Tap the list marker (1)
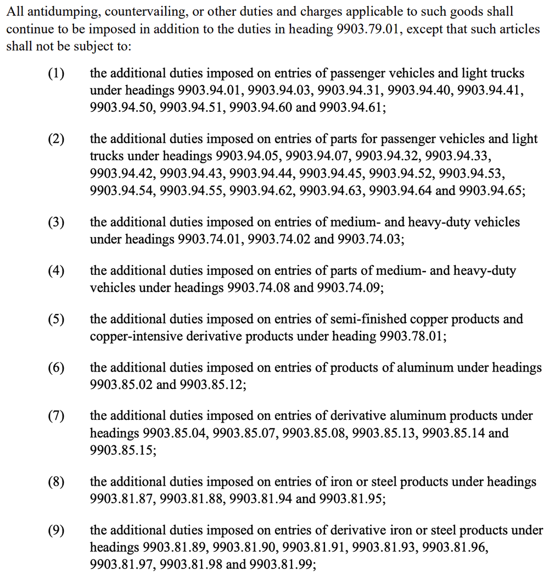point(56,73)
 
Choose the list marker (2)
point(56,139)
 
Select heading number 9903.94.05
point(249,156)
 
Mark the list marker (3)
point(56,222)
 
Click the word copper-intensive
point(130,336)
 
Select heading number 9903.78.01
point(412,336)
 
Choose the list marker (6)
point(56,368)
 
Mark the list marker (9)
point(56,530)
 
